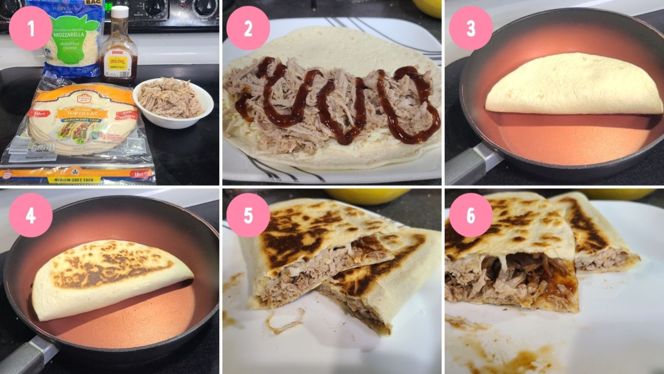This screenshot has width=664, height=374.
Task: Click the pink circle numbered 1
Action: point(30,29)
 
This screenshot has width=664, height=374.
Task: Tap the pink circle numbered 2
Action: point(248,29)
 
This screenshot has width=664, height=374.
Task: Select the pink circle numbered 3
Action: point(471,29)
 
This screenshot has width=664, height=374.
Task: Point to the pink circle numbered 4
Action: point(30,215)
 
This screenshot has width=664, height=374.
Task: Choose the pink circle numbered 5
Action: point(248,215)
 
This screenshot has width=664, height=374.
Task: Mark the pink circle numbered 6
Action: point(471,215)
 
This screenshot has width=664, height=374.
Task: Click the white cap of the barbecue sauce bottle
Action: point(120,12)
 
